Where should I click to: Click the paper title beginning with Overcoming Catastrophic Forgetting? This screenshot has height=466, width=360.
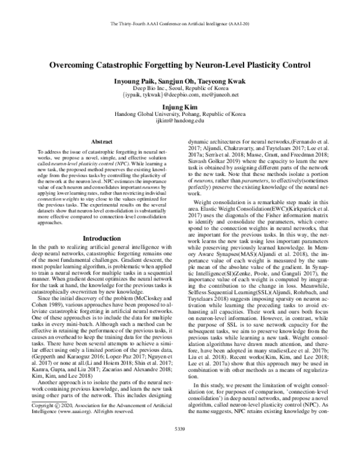coord(179,65)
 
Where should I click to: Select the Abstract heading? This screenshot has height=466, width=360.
coord(98,142)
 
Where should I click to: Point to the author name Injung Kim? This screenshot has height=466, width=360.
coord(179,109)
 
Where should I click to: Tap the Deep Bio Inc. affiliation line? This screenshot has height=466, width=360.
coord(179,87)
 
